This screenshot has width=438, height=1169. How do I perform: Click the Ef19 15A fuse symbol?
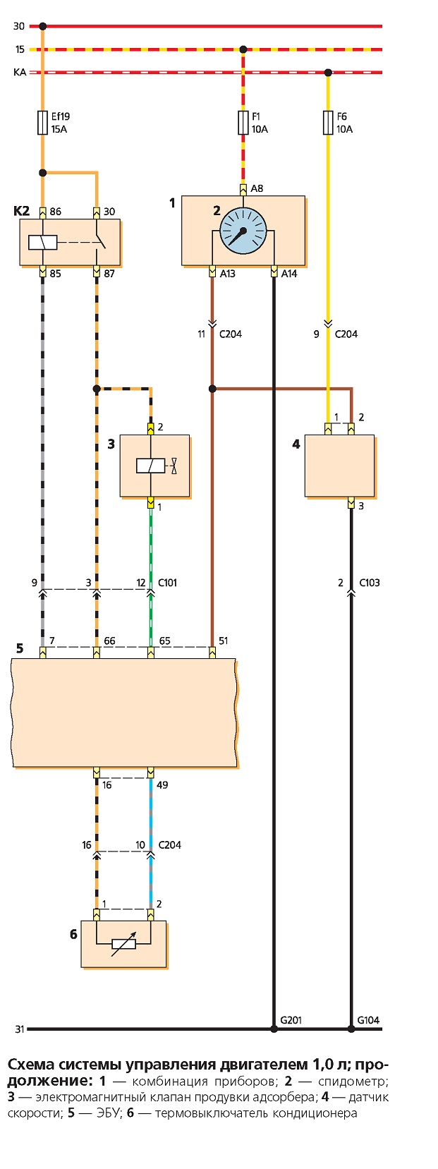tap(43, 123)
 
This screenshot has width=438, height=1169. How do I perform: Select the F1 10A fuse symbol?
tap(243, 123)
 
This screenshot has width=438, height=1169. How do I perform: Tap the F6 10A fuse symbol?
tap(329, 123)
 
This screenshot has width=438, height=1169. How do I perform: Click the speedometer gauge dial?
tap(243, 231)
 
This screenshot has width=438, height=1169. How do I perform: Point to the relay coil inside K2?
tap(43, 242)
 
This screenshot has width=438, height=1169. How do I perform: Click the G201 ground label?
tap(291, 1019)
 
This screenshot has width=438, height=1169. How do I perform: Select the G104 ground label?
tap(368, 1019)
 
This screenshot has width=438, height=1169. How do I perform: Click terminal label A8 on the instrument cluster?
tap(257, 188)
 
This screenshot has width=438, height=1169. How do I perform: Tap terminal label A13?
tap(228, 274)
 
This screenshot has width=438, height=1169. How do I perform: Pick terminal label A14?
tap(289, 274)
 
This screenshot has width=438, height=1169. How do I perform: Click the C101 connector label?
tap(168, 583)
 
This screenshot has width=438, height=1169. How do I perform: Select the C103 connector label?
tap(370, 583)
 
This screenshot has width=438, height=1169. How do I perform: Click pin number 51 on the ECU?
tap(224, 641)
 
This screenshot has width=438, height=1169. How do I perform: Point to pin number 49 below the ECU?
tap(162, 785)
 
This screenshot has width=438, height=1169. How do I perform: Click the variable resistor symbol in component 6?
tap(123, 943)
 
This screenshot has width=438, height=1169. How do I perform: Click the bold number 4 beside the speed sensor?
tap(296, 444)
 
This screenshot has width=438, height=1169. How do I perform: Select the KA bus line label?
tap(20, 73)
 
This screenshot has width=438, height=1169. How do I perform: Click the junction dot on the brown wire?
tap(212, 389)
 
